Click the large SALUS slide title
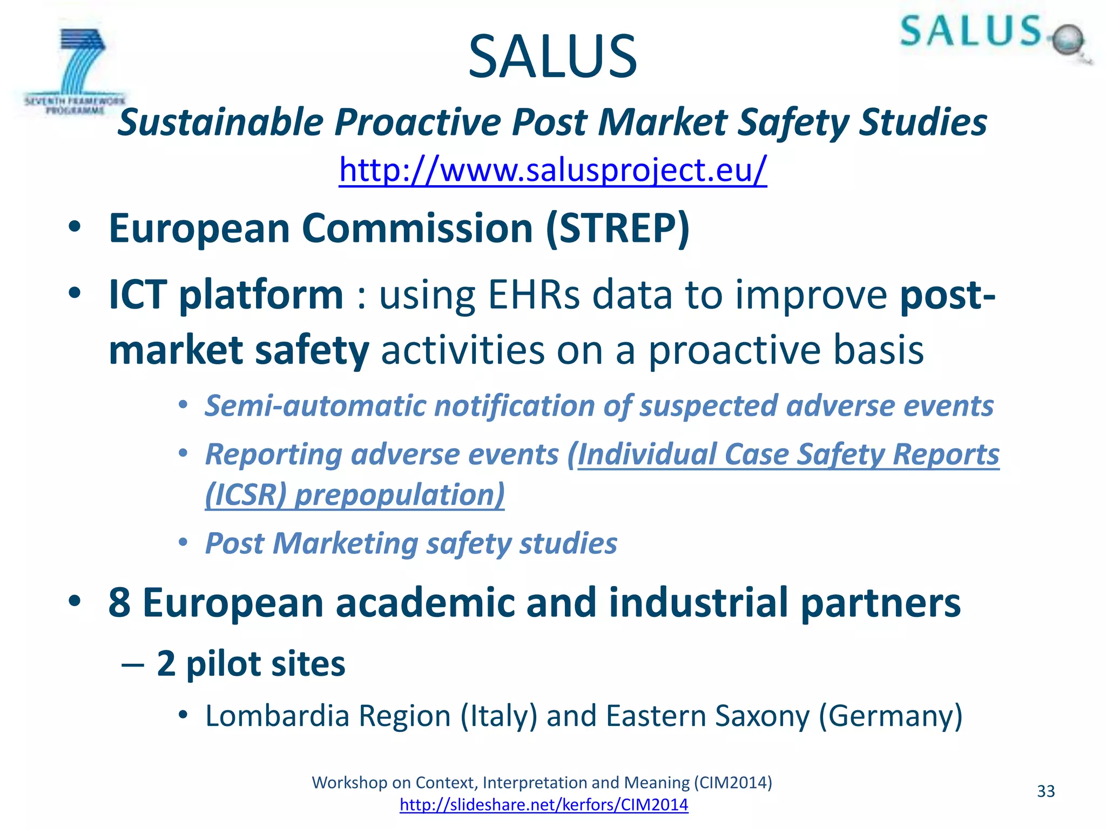tap(552, 57)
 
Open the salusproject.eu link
tap(552, 170)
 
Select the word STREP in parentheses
tap(617, 229)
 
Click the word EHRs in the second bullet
tap(534, 295)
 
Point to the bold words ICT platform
tap(226, 295)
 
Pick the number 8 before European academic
tap(119, 603)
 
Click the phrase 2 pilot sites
tap(251, 663)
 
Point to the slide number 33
tap(1046, 791)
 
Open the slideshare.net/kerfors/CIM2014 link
tap(544, 805)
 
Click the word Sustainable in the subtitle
tap(220, 123)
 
